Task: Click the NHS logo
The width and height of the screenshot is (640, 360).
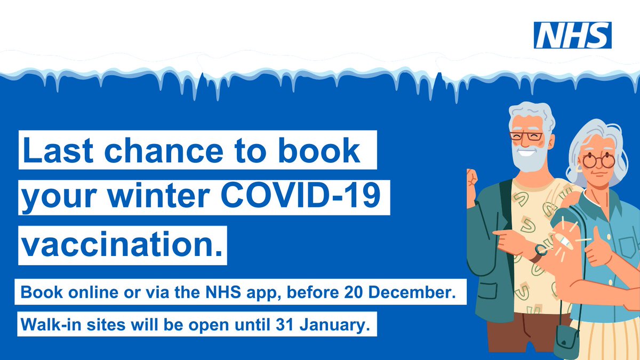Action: (x=573, y=35)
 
